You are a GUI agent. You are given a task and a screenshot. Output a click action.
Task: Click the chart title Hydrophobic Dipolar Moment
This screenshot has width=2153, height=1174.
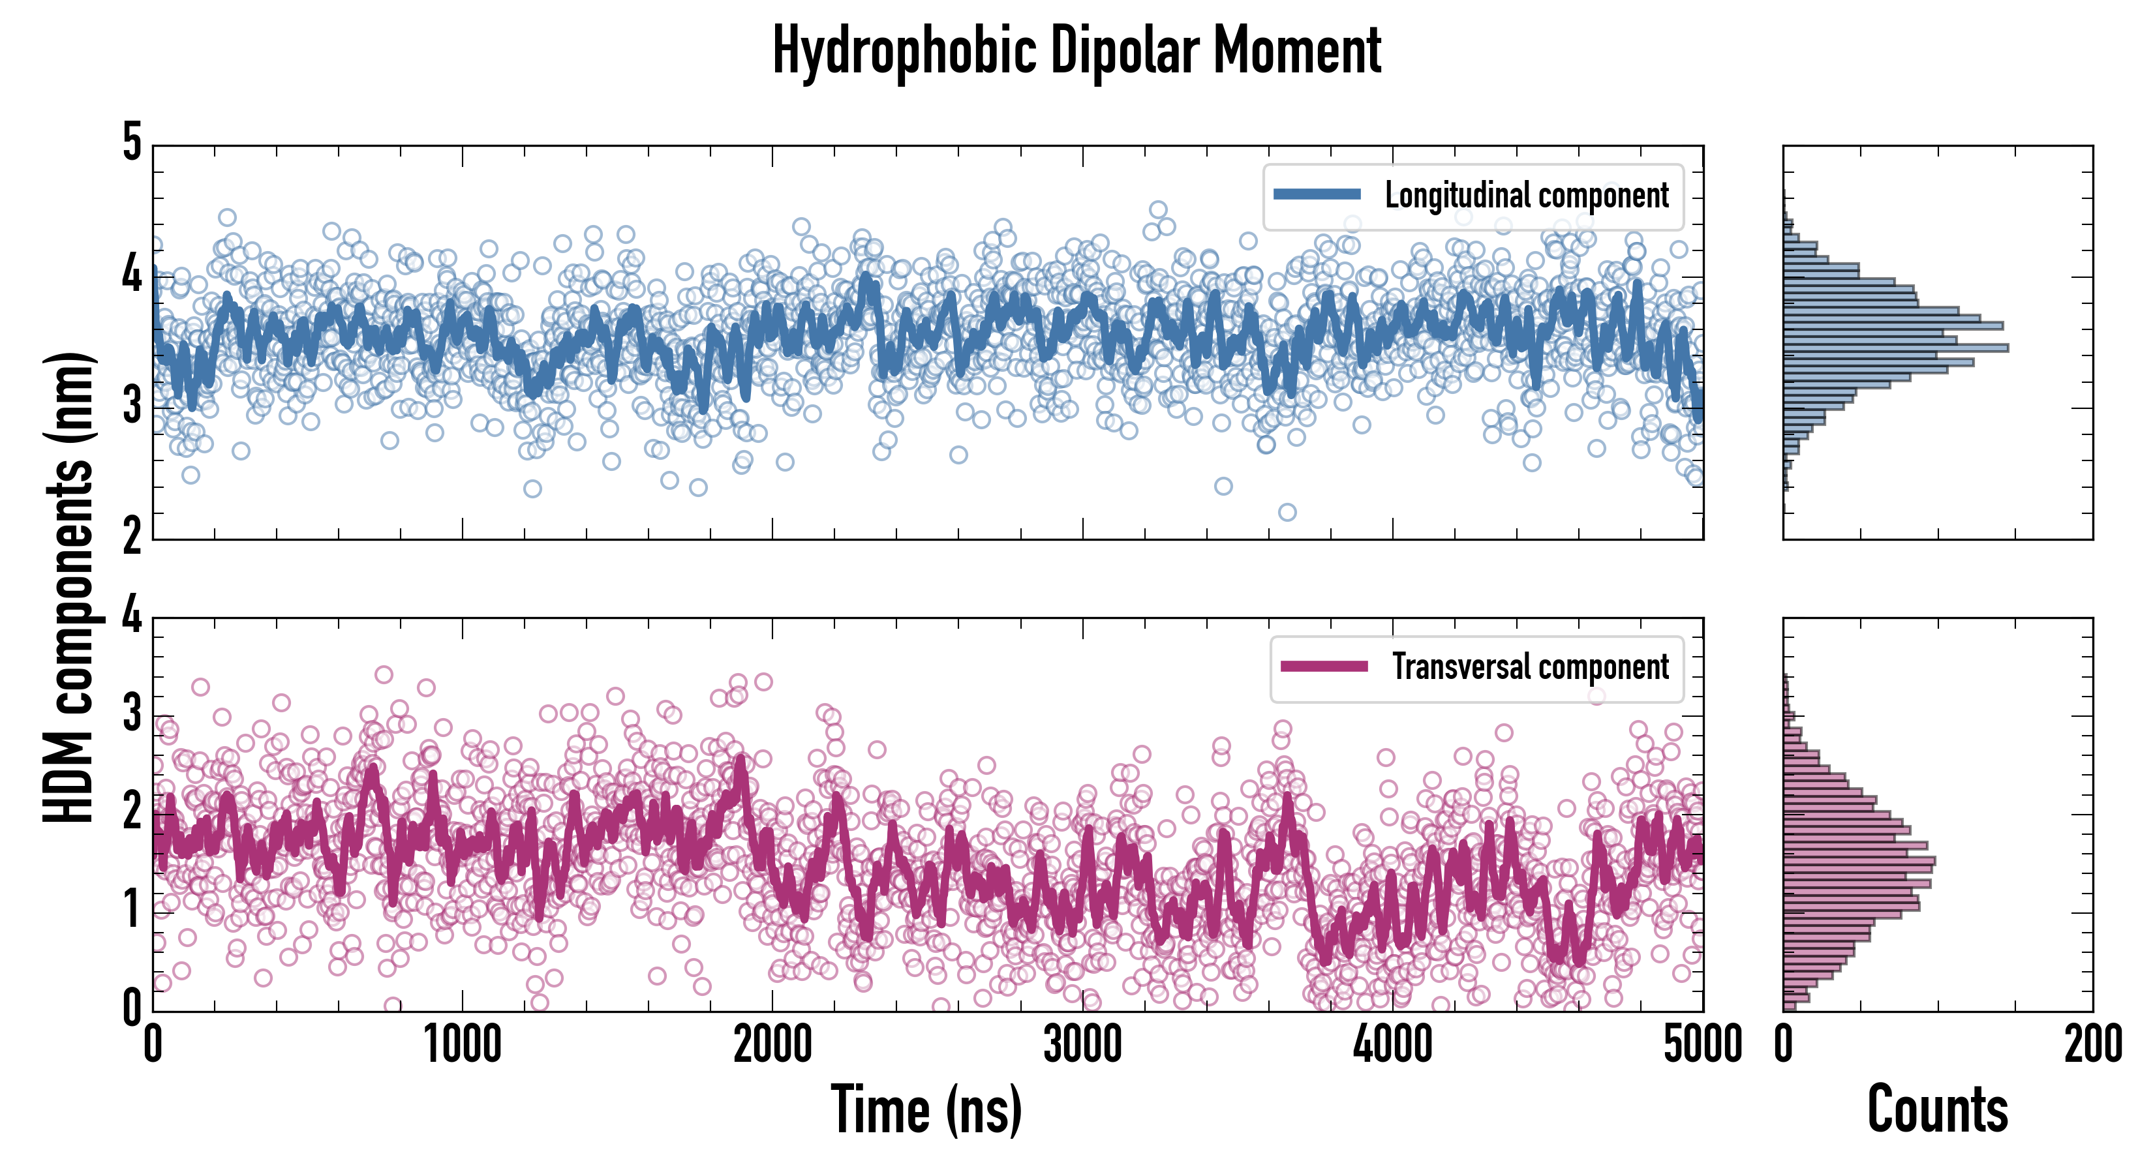1076,52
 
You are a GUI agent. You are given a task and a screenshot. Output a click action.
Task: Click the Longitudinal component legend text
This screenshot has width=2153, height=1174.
1526,196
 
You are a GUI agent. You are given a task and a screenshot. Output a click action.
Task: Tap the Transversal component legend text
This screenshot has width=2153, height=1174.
1531,667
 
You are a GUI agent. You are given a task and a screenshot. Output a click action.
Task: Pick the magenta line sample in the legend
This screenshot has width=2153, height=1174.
1324,666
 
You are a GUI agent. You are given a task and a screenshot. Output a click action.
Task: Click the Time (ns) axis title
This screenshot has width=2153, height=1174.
926,1109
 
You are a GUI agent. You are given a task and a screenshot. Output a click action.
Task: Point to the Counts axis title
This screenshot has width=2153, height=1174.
1937,1109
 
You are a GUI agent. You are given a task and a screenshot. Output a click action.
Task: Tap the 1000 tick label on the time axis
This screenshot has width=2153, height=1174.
462,1044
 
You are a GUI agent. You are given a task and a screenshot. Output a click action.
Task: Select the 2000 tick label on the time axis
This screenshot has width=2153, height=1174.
772,1044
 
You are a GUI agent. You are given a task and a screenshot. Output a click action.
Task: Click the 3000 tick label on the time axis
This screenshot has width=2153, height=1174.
1082,1044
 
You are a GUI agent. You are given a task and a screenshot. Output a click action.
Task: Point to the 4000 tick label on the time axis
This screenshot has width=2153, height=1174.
1392,1044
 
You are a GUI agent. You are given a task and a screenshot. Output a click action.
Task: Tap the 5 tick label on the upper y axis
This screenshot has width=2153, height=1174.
132,142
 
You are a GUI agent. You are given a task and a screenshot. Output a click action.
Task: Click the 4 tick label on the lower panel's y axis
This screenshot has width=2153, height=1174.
132,616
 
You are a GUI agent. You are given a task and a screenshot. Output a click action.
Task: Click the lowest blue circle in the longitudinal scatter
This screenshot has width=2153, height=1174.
1287,512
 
